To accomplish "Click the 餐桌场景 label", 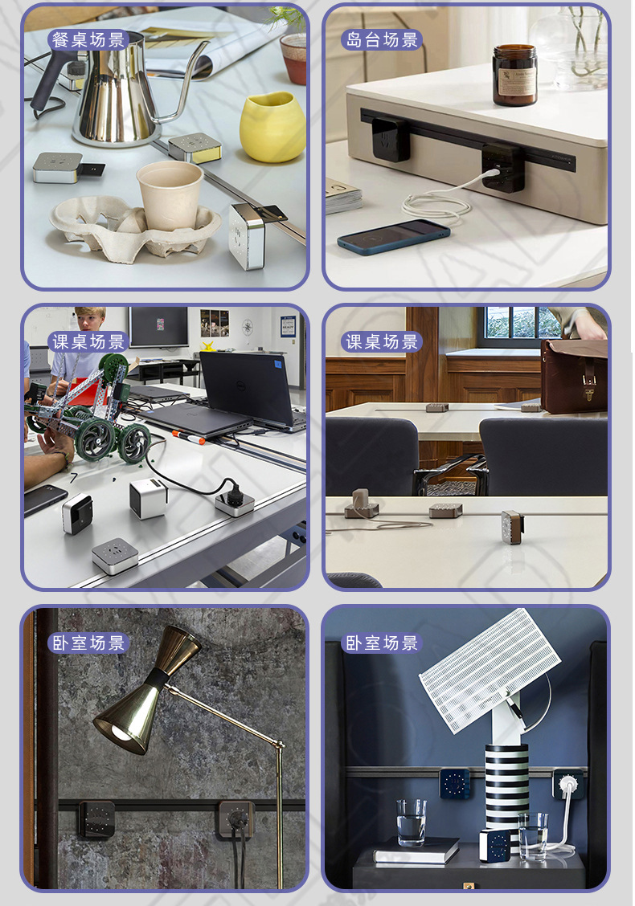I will coord(88,39).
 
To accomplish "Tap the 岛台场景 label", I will coord(382,39).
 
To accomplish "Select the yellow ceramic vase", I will coord(272,126).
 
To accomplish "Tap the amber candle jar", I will coord(514,75).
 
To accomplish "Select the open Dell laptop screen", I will coord(245,387).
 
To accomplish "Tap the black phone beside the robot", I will coord(44,500).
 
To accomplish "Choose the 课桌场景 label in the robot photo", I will coord(88,341).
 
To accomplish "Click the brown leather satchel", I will coord(573,374).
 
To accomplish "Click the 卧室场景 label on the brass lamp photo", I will coord(88,643).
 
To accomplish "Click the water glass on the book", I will coord(411,822).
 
